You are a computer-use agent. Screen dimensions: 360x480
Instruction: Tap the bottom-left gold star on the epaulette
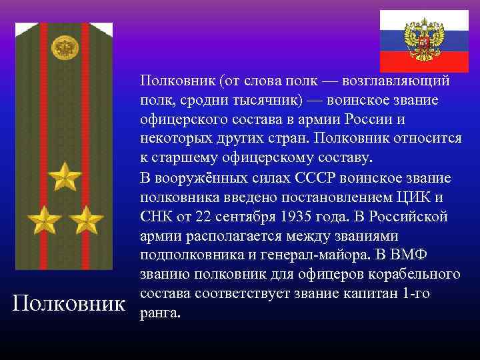pos(43,219)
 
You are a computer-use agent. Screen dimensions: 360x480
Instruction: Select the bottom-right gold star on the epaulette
pos(86,219)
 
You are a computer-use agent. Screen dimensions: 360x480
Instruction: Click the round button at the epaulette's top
pos(65,48)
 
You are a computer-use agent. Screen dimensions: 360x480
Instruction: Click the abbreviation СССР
pos(315,179)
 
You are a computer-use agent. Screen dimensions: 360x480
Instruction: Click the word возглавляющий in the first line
pos(395,81)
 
